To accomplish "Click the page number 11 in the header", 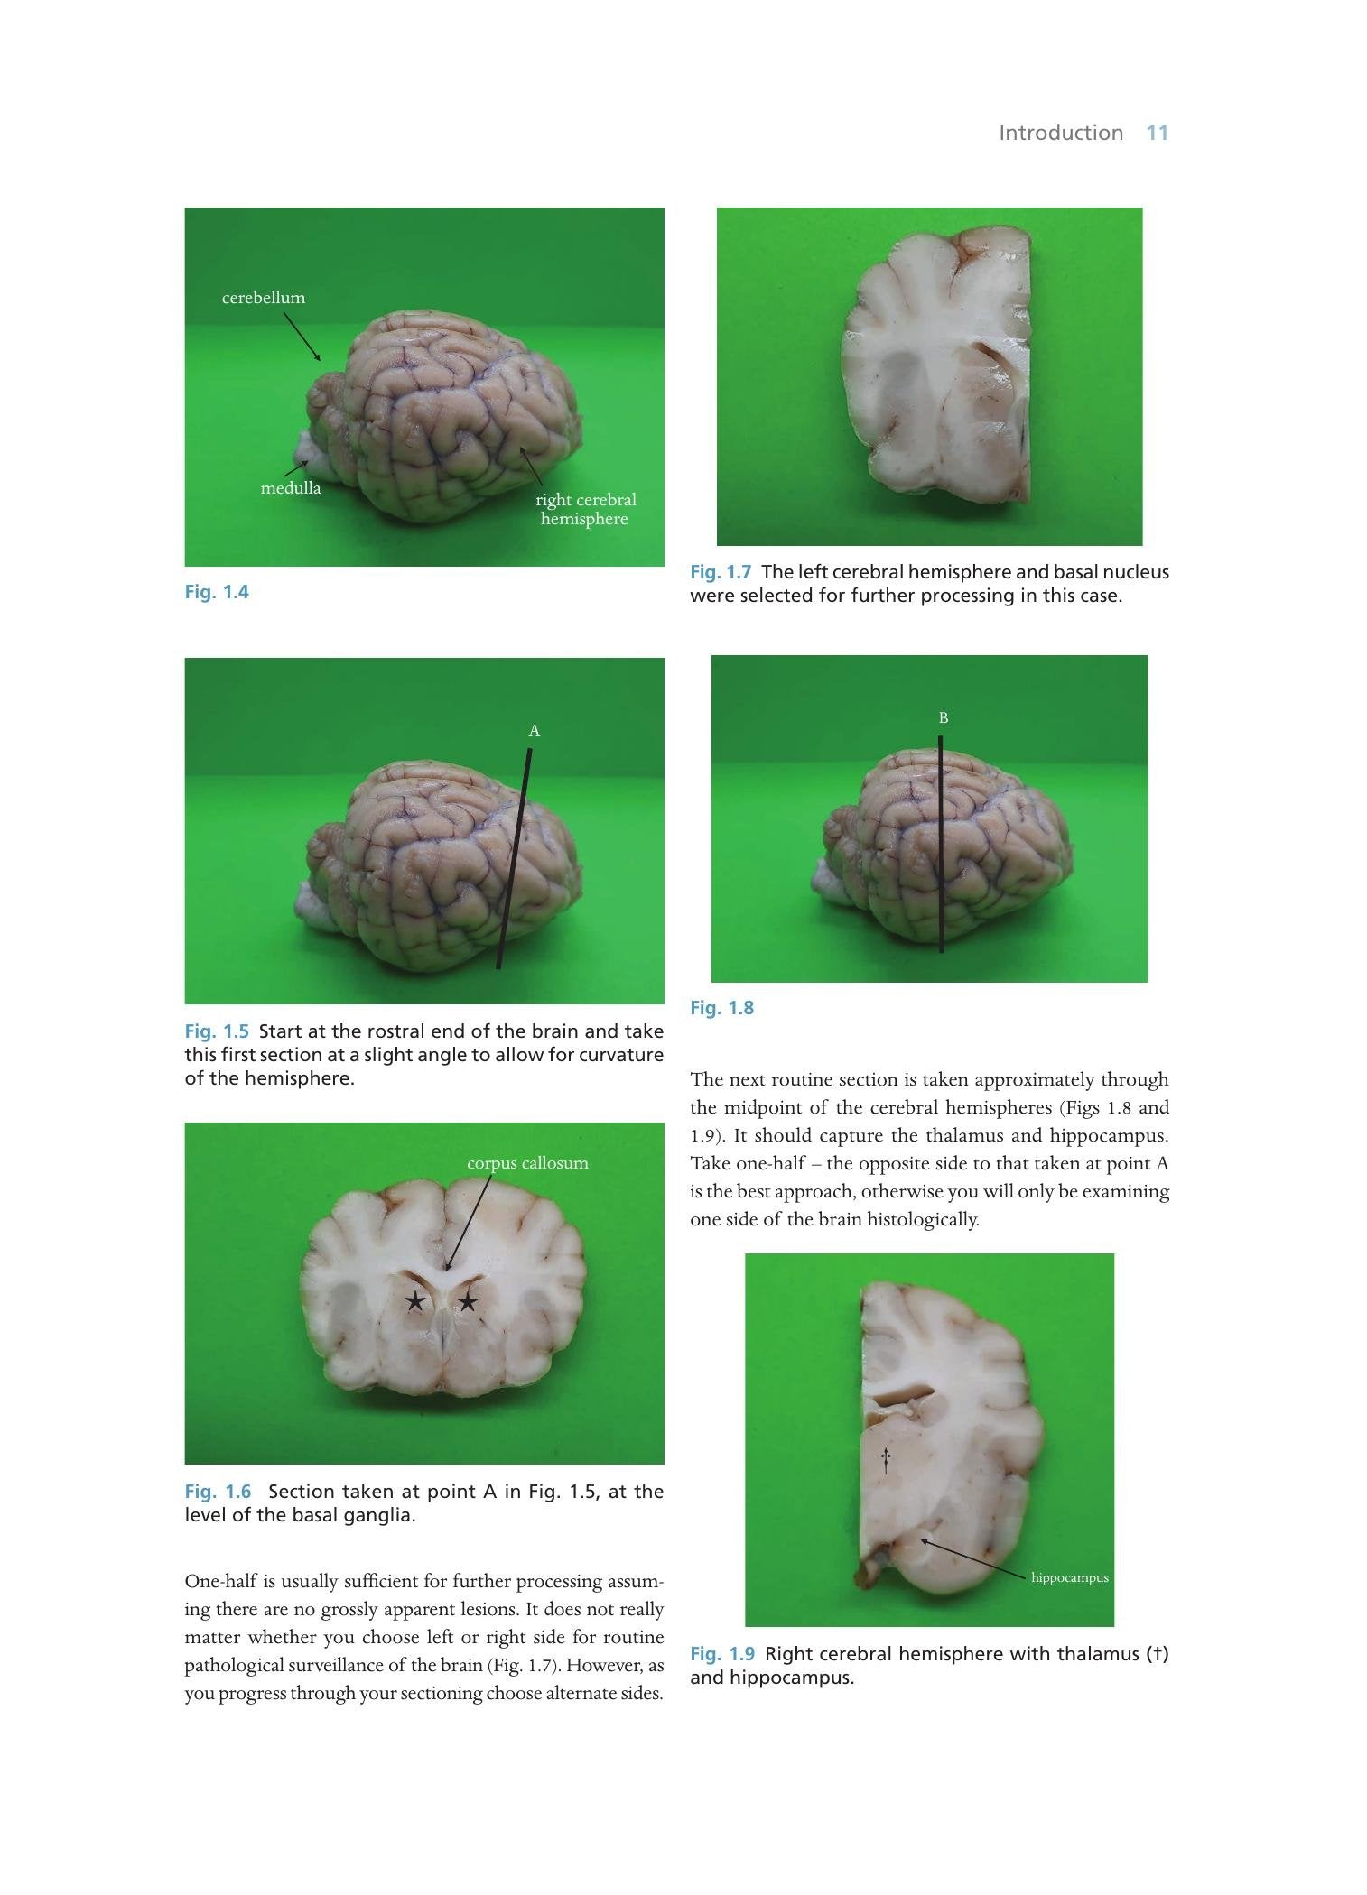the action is (x=1158, y=133).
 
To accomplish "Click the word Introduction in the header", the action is (x=1061, y=133).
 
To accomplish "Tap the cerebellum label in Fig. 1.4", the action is (x=264, y=298).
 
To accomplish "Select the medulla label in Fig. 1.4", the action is (x=291, y=488).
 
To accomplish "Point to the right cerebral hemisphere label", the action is (x=585, y=509).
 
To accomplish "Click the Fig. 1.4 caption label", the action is (x=217, y=592).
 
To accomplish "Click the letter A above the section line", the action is (x=535, y=731).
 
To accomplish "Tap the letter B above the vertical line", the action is (x=944, y=718).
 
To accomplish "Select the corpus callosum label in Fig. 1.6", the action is (x=527, y=1163).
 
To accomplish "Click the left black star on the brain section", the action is (x=415, y=1300).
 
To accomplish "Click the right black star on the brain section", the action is (x=468, y=1300).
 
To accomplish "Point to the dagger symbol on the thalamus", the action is (x=886, y=1460).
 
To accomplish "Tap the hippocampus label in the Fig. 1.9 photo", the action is (x=1070, y=1577).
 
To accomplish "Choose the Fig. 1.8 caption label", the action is (x=721, y=1008).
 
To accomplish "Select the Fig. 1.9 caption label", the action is (x=722, y=1654).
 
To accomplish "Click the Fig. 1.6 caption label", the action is (x=218, y=1492).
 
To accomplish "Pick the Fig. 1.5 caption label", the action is (x=217, y=1031).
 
